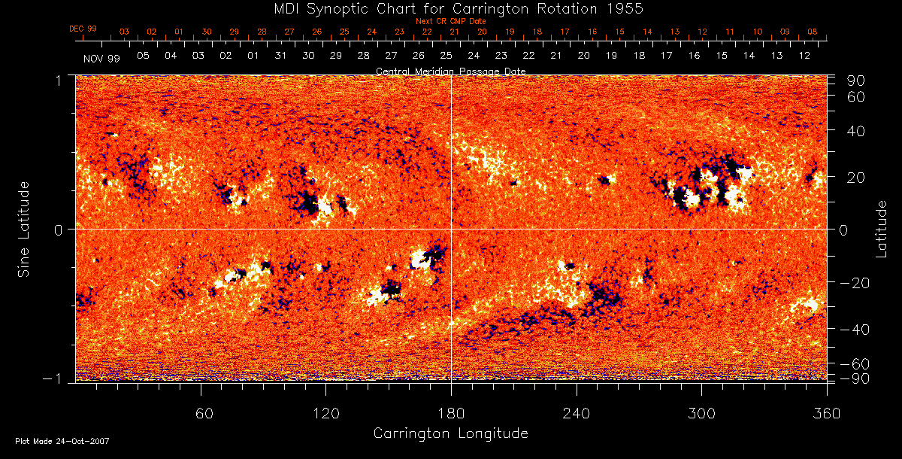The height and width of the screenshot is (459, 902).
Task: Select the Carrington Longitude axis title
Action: [x=450, y=433]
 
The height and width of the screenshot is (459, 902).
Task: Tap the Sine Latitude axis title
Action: [x=24, y=229]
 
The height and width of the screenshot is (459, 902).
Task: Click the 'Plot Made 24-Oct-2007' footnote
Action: [x=62, y=441]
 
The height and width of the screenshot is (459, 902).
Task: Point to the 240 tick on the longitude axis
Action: [x=577, y=414]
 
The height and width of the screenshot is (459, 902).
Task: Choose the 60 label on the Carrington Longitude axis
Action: [x=201, y=414]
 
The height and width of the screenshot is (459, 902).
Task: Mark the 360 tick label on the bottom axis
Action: [x=826, y=414]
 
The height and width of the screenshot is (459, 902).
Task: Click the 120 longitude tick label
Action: [x=325, y=414]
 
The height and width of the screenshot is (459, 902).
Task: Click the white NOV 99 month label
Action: [x=101, y=58]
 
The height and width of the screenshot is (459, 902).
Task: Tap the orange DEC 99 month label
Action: [x=83, y=29]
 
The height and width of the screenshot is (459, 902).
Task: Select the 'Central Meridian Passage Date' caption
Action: [x=450, y=71]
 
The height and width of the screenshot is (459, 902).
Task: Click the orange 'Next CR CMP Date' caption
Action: [x=450, y=22]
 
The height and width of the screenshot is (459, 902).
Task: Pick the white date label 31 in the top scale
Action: [x=280, y=56]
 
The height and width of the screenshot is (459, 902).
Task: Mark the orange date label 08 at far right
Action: [x=813, y=32]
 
